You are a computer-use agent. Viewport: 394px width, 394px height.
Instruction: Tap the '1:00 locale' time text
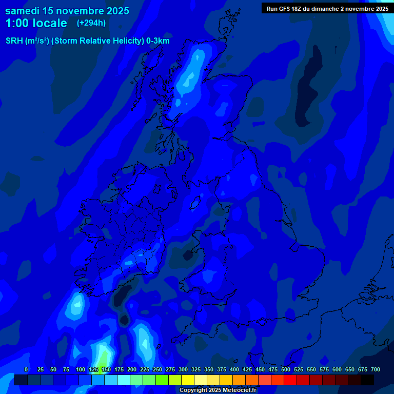pos(36,23)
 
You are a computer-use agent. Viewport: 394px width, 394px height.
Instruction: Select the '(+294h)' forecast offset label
pos(91,23)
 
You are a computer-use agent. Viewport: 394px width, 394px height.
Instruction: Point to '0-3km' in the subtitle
pos(157,41)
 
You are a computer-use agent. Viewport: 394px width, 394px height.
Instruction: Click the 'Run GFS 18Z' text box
pos(327,8)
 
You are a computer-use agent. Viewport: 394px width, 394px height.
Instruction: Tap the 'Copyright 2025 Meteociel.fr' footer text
pos(218,390)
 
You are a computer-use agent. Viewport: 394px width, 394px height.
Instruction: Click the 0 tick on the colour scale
pos(26,369)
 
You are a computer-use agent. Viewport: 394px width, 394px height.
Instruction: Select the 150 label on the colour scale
pos(106,369)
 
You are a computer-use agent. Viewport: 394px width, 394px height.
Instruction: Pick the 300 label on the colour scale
pos(183,369)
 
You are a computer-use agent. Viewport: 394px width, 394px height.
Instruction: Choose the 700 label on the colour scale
pos(376,369)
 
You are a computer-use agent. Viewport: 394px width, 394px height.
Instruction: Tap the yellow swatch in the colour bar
pos(188,380)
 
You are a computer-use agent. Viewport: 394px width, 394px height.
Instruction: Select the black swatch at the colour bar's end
pos(367,380)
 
